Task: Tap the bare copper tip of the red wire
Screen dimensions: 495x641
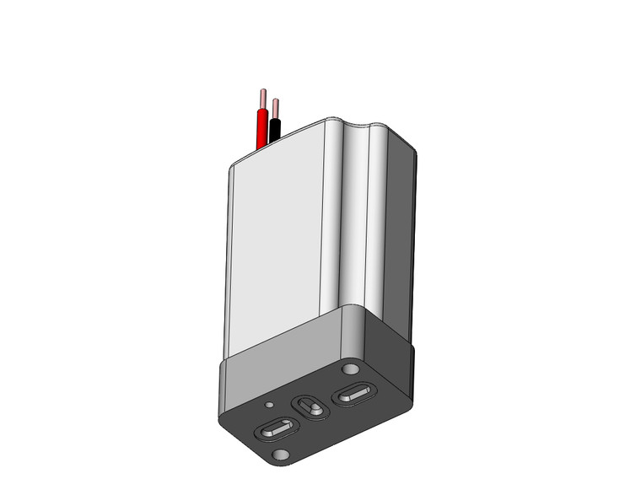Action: tap(263, 97)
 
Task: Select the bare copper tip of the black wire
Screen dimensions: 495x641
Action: tap(275, 107)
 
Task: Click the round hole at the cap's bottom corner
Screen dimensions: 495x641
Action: tap(279, 455)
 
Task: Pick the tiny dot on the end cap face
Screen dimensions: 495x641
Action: tap(268, 406)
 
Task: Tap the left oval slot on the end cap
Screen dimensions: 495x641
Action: tap(274, 431)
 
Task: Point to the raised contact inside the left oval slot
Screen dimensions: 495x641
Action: tap(275, 431)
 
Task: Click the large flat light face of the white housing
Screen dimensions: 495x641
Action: tap(274, 245)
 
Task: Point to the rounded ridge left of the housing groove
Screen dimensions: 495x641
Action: tap(337, 219)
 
